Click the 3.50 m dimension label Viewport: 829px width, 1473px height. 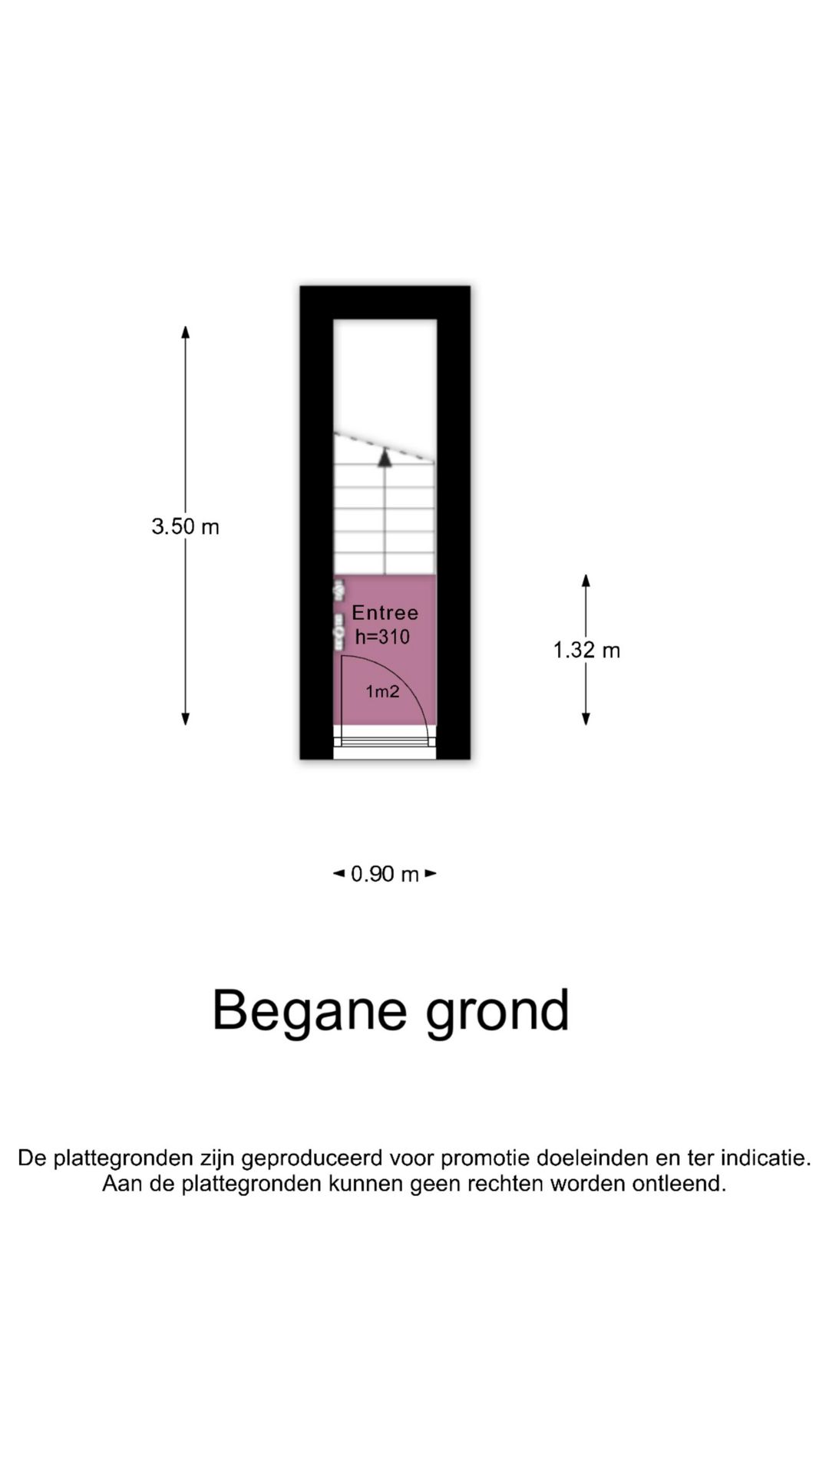coord(185,526)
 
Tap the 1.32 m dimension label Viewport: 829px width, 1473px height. coord(586,650)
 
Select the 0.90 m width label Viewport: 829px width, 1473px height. coord(385,874)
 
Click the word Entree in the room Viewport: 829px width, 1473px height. coord(385,612)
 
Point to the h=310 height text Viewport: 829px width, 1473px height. coord(382,636)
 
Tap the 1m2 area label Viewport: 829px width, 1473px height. coord(382,691)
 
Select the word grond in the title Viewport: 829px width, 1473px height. coord(497,1012)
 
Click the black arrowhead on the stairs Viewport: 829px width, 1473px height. coord(385,458)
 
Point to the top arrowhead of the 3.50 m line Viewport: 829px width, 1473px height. coord(185,331)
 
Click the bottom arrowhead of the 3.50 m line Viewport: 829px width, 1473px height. coord(185,719)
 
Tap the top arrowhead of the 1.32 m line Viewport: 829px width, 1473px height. coord(586,580)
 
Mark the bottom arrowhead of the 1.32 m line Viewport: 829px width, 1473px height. coord(586,719)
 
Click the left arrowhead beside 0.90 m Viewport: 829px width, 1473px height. coord(339,873)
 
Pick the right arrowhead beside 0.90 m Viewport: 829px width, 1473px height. coord(431,873)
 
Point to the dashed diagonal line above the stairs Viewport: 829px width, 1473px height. coord(385,448)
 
